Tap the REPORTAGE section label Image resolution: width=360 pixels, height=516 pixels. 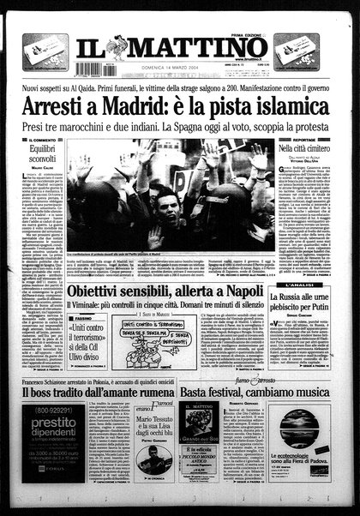308,139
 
